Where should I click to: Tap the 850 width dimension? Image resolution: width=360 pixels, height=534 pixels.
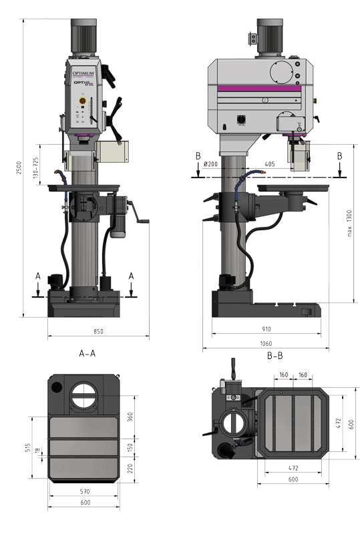[99, 331]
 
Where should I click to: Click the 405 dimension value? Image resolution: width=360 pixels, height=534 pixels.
[270, 164]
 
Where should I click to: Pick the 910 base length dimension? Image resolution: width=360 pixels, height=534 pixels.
[266, 328]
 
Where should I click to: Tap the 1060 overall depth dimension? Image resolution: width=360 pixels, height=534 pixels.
[266, 344]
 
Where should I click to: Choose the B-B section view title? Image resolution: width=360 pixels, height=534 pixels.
[275, 356]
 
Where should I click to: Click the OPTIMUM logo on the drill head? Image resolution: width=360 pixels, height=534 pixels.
[83, 67]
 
